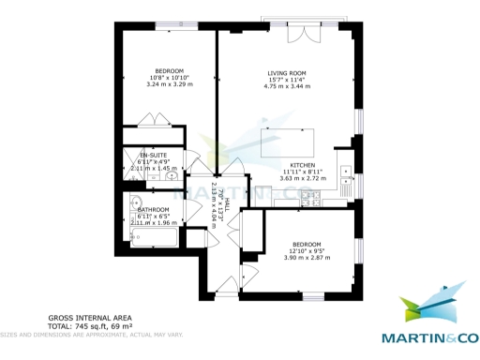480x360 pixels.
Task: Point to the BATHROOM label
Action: point(154,210)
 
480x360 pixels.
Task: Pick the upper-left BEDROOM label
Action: point(170,69)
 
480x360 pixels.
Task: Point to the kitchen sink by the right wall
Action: point(345,176)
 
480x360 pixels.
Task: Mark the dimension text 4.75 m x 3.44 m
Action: point(287,86)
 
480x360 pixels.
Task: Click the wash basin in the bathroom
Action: point(137,203)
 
